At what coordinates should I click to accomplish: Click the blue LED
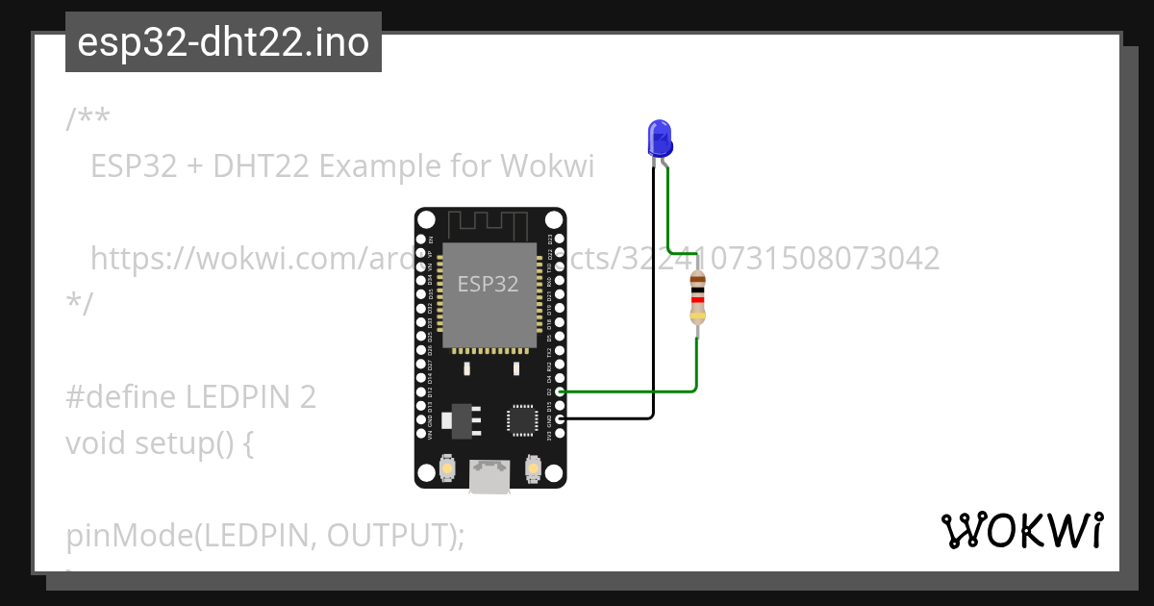pos(659,139)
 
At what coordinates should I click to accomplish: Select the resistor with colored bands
pos(697,299)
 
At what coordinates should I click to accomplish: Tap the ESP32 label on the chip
pos(488,284)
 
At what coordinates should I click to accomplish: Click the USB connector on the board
pos(489,475)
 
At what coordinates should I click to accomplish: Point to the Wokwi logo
pos(1022,531)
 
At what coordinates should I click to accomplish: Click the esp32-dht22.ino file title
pos(223,42)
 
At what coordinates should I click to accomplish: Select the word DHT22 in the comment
pos(262,166)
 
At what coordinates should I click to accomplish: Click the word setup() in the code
pos(193,443)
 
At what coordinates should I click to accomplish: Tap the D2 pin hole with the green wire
pos(560,391)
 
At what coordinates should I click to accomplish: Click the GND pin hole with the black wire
pos(560,419)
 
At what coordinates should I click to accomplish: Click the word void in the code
pos(96,443)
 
